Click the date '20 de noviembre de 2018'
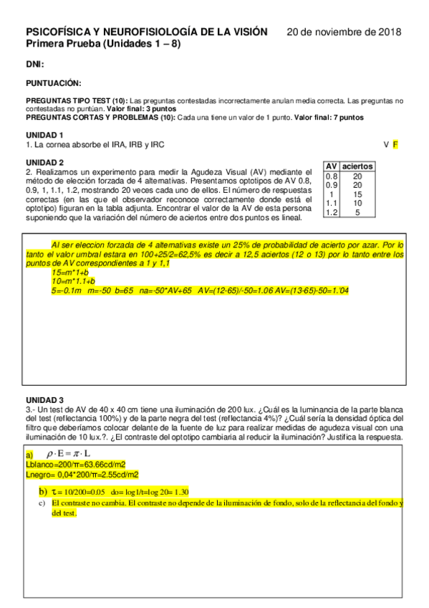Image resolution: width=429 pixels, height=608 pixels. tap(344, 32)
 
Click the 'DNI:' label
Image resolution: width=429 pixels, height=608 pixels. tap(35, 65)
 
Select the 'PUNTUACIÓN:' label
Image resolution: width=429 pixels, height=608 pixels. tap(53, 83)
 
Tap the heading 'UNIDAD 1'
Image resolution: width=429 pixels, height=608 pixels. tap(44, 135)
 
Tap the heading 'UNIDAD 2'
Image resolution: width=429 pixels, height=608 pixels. tap(44, 162)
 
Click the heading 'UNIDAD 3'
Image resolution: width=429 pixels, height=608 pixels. tap(44, 399)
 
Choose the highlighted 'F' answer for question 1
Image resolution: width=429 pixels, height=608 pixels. tap(395, 144)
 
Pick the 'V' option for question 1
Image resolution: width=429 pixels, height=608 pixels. tap(386, 144)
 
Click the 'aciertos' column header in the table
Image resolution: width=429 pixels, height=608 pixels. tap(357, 166)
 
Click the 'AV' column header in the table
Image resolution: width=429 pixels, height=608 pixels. tap(332, 166)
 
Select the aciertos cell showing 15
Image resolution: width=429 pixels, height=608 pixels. tap(357, 194)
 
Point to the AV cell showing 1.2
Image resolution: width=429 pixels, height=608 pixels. tap(332, 212)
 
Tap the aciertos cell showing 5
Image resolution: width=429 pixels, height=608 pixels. tap(357, 212)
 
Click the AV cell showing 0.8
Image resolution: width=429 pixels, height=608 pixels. tap(332, 176)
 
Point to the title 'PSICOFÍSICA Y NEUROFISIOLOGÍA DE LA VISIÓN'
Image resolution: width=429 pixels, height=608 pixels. tap(147, 32)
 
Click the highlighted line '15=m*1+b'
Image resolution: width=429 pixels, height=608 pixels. tap(70, 273)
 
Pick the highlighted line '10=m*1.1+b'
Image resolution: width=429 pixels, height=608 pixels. tap(73, 282)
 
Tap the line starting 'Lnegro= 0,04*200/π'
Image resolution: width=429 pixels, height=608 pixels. tap(82, 474)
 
